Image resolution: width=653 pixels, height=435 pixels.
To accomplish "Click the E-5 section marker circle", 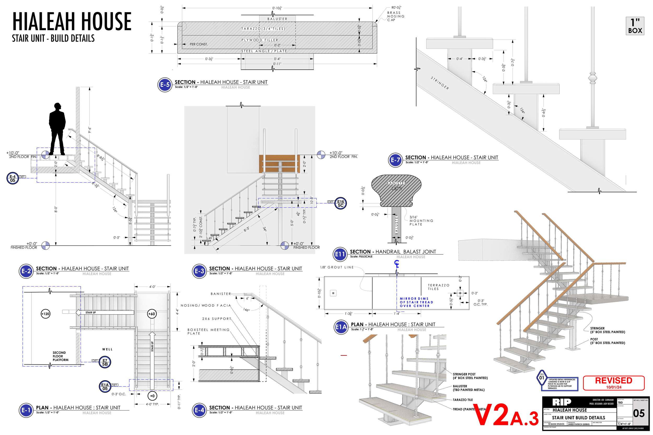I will tap(165, 85).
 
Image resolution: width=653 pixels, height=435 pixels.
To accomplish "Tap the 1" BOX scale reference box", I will tap(635, 26).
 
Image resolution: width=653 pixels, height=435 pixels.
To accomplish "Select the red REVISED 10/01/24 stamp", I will tap(613, 383).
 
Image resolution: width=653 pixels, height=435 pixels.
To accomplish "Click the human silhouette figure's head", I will tap(57, 106).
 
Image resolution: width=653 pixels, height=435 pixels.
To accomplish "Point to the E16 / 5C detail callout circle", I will tap(340, 203).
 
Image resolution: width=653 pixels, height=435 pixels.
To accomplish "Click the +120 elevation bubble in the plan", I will tap(45, 314).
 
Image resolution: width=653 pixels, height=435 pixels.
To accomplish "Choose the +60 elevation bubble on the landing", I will tap(151, 314).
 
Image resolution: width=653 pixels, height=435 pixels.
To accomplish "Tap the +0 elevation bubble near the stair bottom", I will tap(152, 396).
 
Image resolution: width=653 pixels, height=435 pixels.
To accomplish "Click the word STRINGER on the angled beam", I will tap(440, 83).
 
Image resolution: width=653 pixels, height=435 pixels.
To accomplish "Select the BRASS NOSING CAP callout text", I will tap(395, 16).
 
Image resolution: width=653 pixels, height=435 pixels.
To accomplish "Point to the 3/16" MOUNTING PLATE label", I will tap(421, 221).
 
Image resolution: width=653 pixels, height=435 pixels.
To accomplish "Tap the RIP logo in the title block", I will tap(561, 402).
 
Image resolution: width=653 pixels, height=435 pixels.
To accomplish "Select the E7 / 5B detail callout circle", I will tap(105, 362).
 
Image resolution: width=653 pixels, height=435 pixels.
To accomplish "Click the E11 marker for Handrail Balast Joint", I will tap(340, 254).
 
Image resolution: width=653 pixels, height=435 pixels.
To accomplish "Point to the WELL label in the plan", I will tap(107, 349).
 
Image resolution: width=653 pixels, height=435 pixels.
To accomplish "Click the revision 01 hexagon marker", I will tap(541, 378).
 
